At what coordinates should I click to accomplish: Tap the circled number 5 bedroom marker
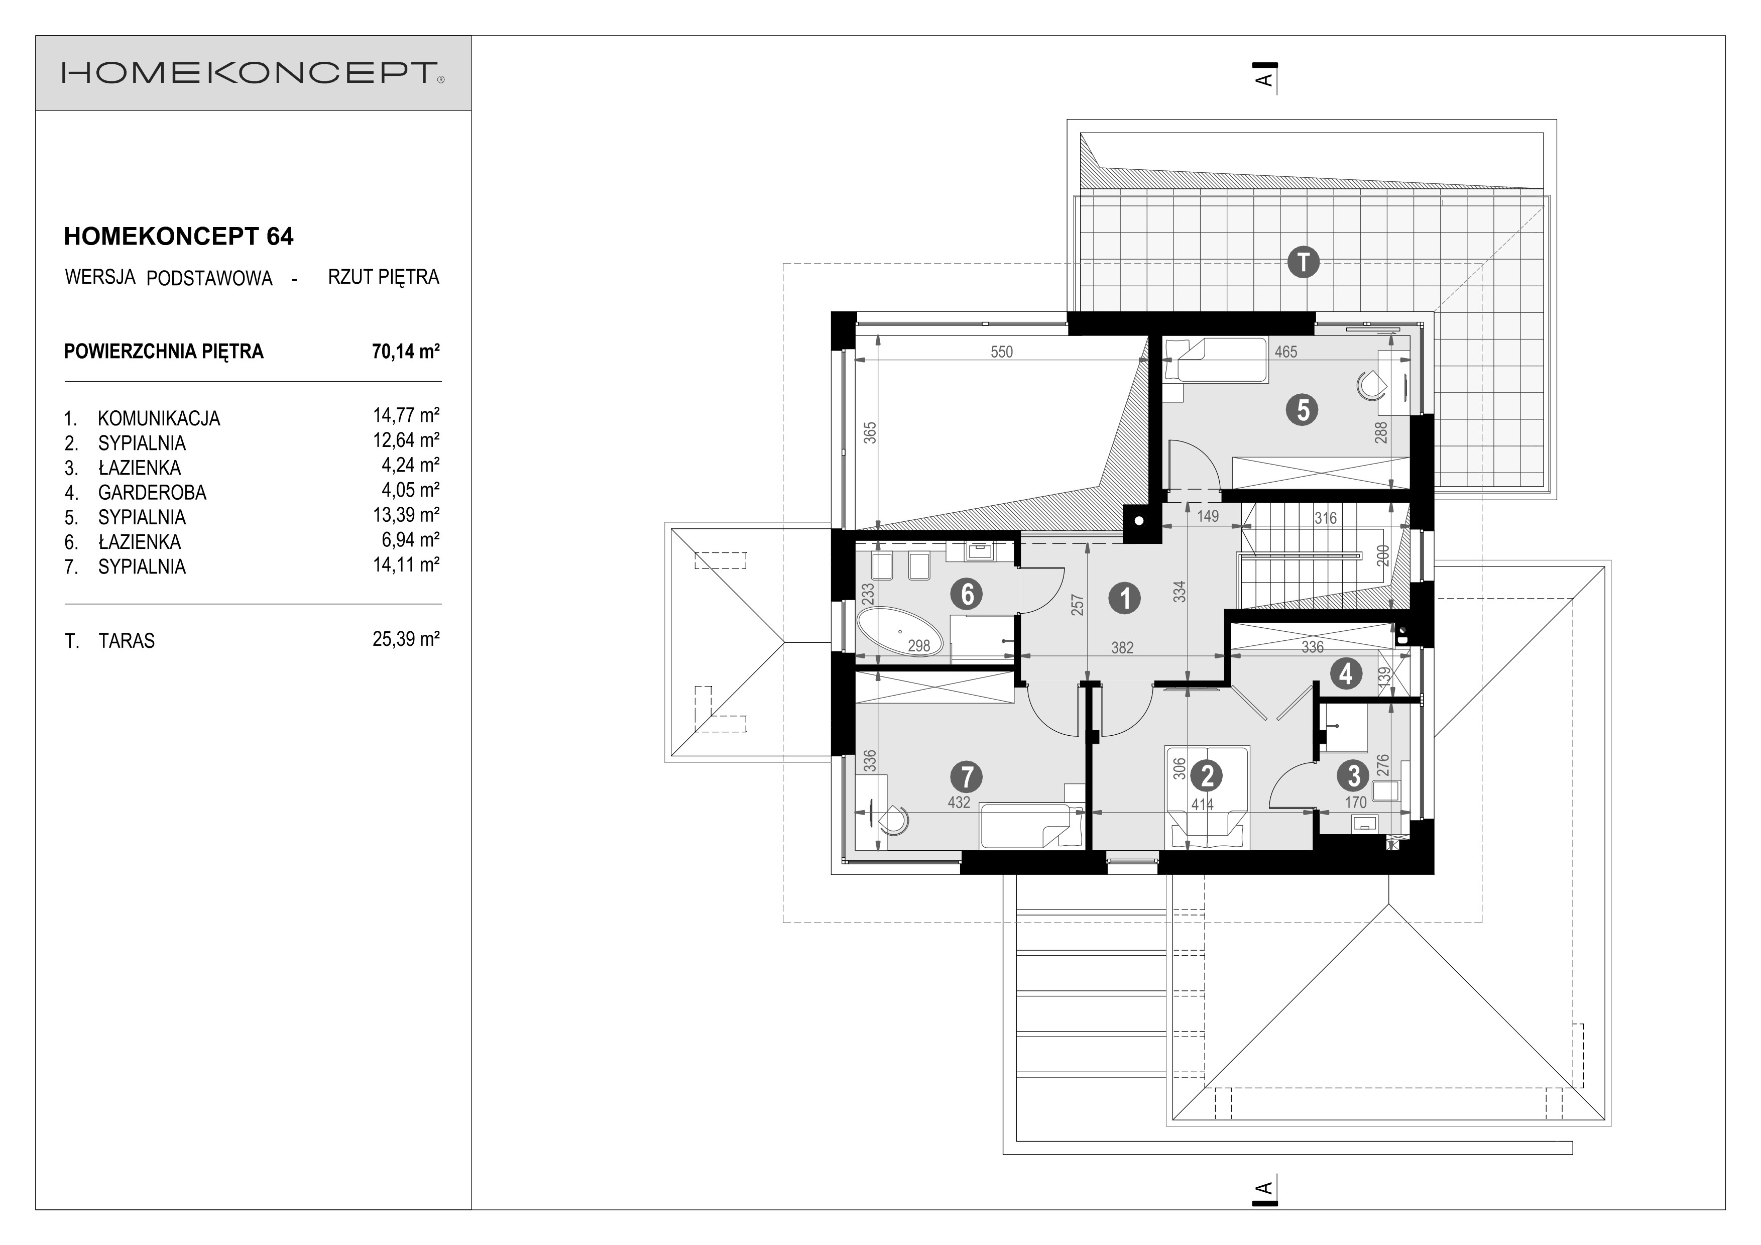(1303, 410)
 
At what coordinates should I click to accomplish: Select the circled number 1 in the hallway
(1125, 598)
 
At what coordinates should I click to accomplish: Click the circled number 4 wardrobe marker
(1345, 674)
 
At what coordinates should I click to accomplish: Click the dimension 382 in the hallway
(1122, 648)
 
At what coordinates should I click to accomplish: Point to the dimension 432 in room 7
(959, 803)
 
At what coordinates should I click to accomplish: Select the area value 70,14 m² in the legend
(406, 352)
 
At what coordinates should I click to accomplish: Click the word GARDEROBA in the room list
(152, 493)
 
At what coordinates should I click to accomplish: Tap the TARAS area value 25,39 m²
(406, 639)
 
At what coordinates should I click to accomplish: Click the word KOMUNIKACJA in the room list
(159, 419)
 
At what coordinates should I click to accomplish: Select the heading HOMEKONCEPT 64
(179, 236)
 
